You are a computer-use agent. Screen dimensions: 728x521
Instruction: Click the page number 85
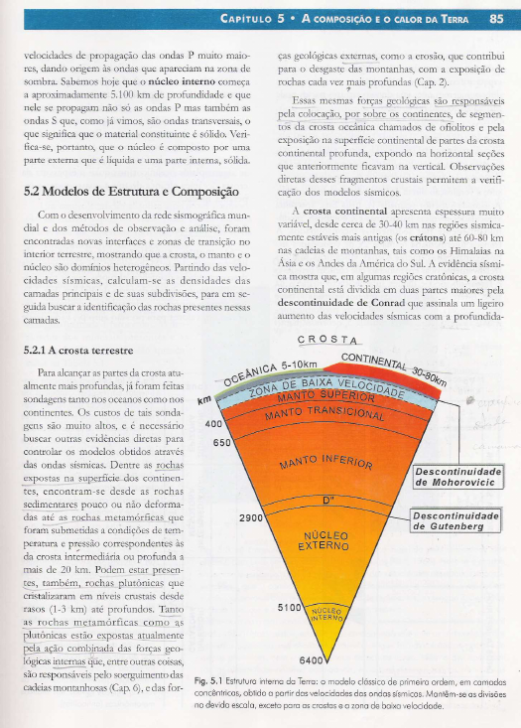(x=496, y=17)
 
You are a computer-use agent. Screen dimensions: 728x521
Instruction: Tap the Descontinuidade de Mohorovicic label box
(x=461, y=475)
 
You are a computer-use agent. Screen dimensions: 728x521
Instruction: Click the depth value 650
(x=221, y=443)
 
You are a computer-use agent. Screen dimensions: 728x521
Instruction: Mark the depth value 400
(x=211, y=423)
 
